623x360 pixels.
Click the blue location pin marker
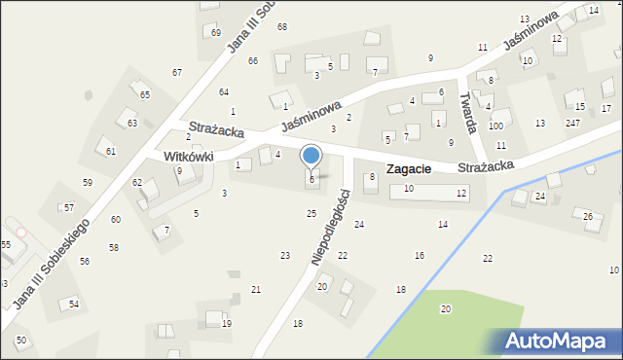tap(311, 157)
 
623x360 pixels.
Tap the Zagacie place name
tap(409, 169)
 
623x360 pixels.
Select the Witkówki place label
tap(174, 156)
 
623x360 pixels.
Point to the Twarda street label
tap(470, 113)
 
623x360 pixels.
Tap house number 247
tap(572, 123)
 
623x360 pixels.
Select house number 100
tap(495, 126)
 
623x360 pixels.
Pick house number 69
tap(215, 32)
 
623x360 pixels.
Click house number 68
tap(281, 26)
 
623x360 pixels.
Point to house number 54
tap(73, 305)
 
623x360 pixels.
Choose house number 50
tap(20, 341)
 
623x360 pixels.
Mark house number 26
tap(587, 216)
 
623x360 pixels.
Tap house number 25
tap(311, 213)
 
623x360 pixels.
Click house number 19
tap(227, 324)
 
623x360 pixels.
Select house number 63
tap(131, 124)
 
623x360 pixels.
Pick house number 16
tap(419, 255)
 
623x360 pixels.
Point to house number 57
tap(69, 208)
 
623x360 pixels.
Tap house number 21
tap(255, 290)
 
